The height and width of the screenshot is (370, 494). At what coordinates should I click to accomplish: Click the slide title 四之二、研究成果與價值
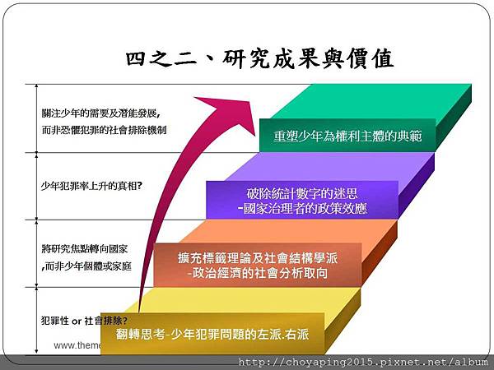tap(260, 59)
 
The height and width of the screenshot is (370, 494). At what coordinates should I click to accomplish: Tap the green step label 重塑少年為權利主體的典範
tap(347, 136)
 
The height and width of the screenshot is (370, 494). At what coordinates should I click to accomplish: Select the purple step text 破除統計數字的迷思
tap(302, 193)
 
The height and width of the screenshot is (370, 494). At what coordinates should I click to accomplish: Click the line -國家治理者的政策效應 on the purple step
tap(302, 208)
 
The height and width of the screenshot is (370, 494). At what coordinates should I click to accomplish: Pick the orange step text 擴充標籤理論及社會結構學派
tap(258, 258)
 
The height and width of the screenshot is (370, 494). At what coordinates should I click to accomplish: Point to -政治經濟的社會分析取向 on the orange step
tap(257, 273)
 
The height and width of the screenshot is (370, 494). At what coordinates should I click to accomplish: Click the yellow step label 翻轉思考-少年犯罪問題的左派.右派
tap(212, 334)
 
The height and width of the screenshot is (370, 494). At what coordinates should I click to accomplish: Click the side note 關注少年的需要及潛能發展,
tap(100, 113)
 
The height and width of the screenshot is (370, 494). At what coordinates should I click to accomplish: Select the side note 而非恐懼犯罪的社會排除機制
tap(104, 130)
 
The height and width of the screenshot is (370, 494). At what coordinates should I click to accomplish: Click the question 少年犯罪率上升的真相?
tap(91, 186)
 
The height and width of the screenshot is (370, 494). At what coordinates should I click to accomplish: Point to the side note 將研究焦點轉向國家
tap(85, 249)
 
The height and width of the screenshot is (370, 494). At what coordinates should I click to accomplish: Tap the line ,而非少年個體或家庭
tap(86, 266)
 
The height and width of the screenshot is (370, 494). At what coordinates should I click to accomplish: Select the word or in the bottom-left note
tap(77, 321)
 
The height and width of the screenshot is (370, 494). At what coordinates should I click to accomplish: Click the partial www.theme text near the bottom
tap(77, 345)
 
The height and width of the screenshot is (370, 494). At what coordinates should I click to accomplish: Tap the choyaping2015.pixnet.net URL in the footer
tap(363, 362)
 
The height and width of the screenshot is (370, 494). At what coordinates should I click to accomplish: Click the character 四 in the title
tap(136, 59)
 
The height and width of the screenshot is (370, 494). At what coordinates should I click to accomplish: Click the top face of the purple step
tap(330, 167)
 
